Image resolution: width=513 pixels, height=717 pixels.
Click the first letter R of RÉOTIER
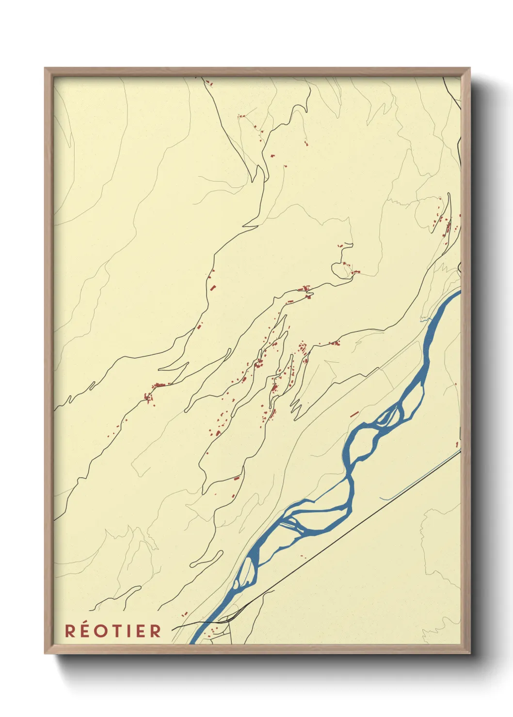tap(70, 631)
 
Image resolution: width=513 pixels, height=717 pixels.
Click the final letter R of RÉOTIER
tap(155, 631)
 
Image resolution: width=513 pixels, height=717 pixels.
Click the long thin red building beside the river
tap(354, 414)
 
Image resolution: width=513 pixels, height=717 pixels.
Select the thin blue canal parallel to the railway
tap(422, 480)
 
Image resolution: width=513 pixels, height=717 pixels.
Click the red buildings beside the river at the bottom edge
tap(213, 630)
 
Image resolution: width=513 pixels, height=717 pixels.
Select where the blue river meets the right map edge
tap(458, 293)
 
